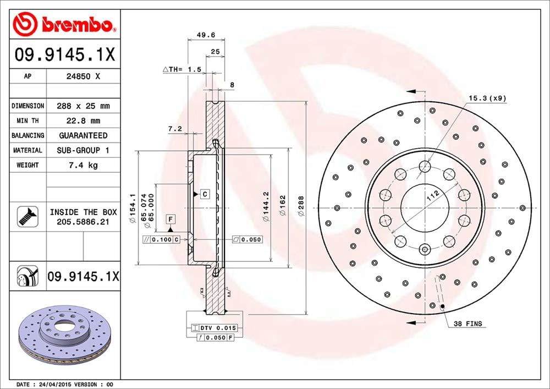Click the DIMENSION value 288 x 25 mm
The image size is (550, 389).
tap(83, 106)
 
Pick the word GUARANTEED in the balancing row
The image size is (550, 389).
tap(83, 135)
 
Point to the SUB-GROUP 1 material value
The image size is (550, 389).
tap(83, 150)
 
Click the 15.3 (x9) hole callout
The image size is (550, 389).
tap(487, 98)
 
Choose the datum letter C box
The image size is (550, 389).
tap(205, 194)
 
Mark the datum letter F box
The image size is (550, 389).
tap(171, 219)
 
